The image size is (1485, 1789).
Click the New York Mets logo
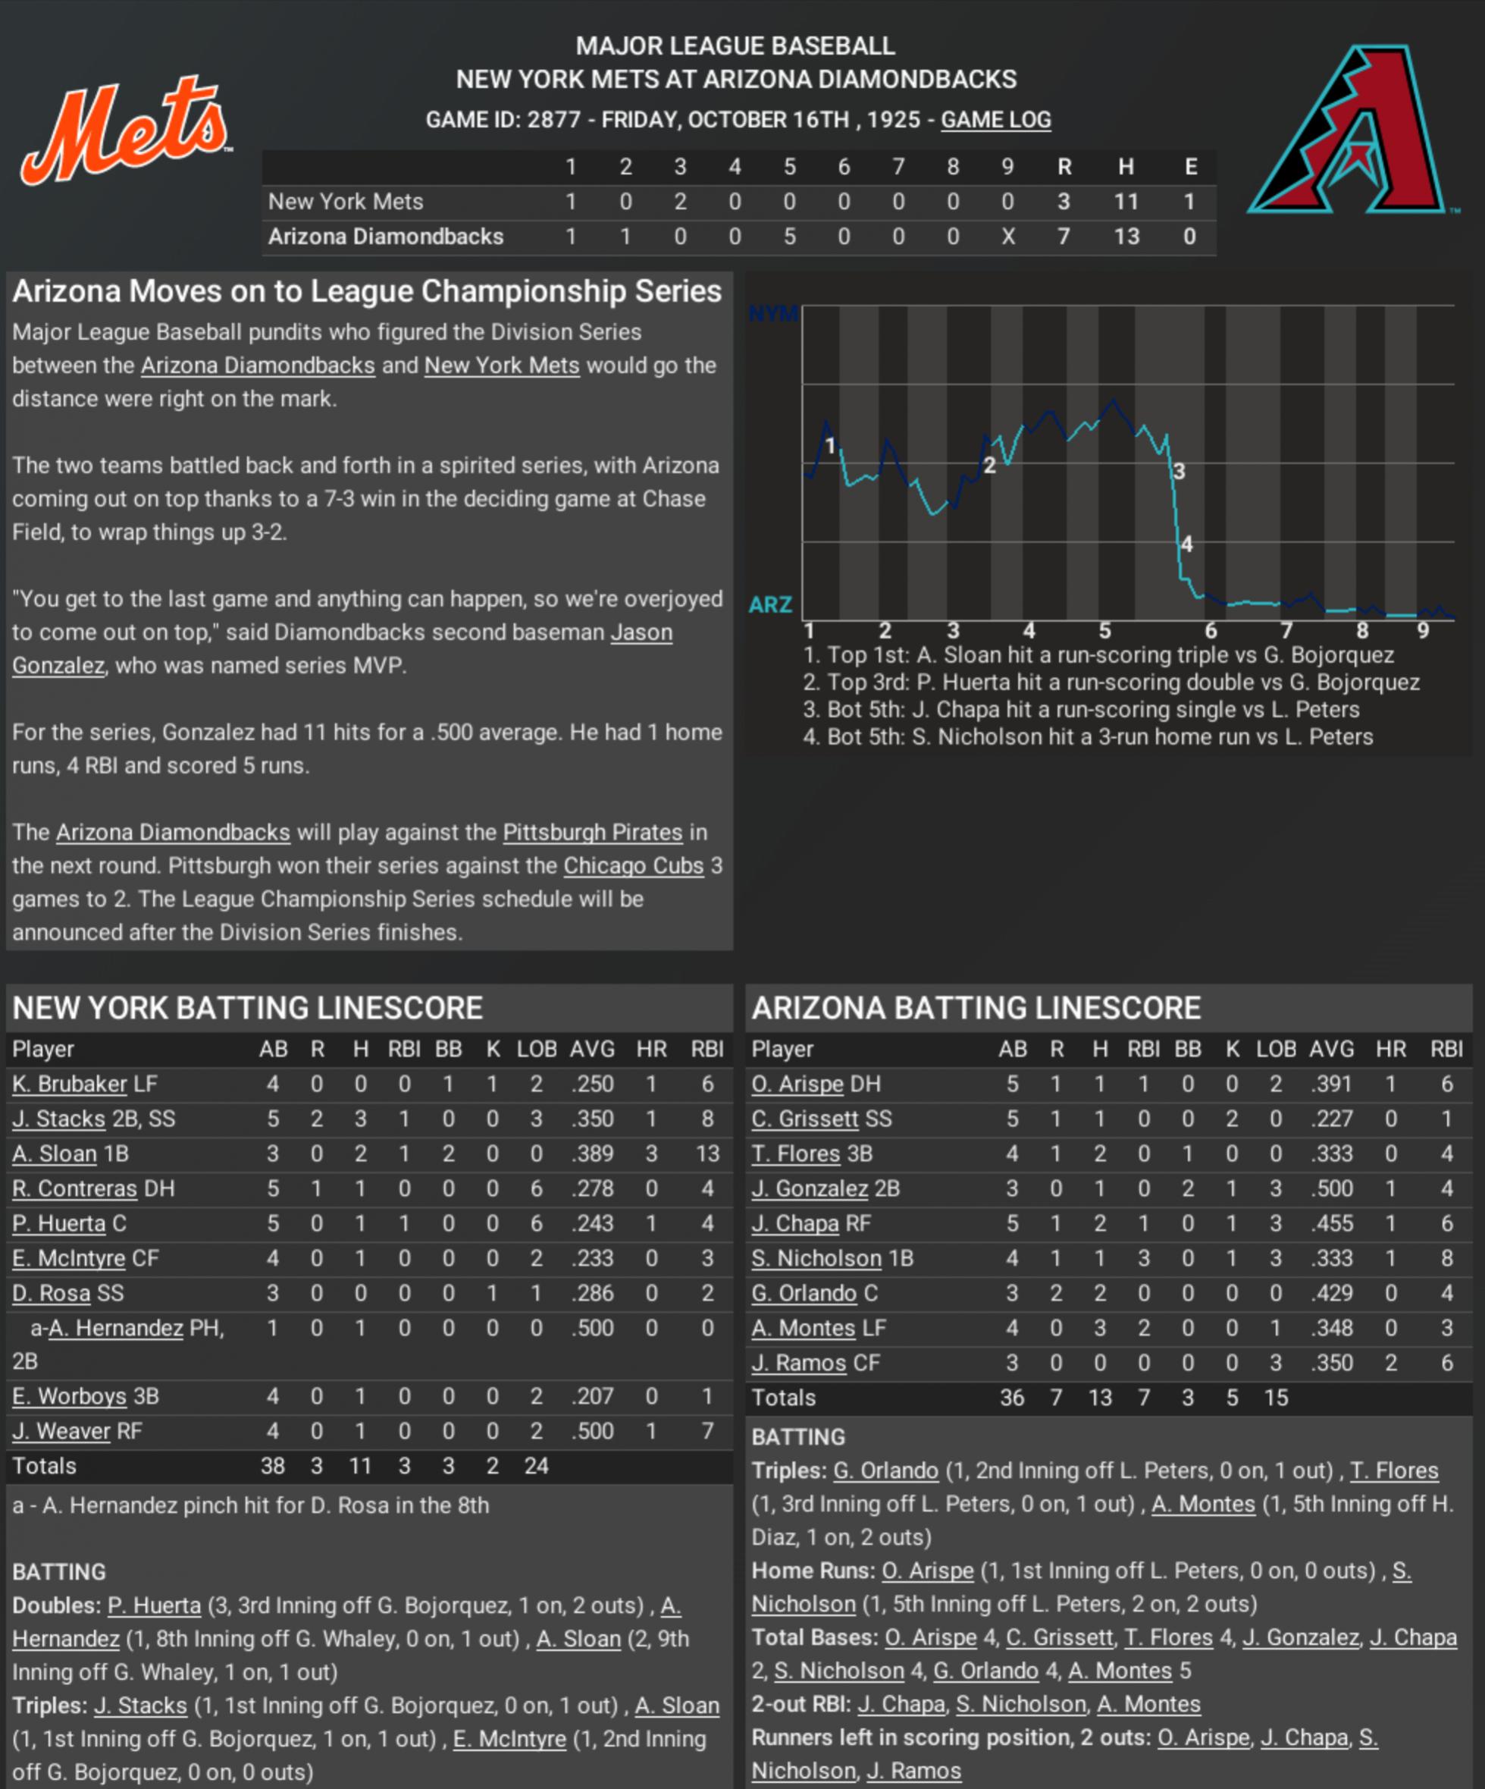[x=126, y=130]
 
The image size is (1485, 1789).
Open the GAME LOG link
[x=995, y=120]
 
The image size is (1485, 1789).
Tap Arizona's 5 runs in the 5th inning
[x=789, y=236]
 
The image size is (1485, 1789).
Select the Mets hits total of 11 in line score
[x=1126, y=202]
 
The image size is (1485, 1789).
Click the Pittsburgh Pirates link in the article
[x=593, y=832]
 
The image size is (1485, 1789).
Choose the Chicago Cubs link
[x=634, y=865]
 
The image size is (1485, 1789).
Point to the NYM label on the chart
[x=772, y=315]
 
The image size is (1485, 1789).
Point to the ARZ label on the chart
[x=771, y=605]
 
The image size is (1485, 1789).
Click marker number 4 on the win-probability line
[x=1187, y=545]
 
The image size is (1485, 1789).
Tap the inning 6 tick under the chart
[x=1211, y=630]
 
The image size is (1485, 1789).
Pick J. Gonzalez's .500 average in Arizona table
[x=1332, y=1188]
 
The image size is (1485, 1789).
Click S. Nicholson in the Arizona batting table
[x=816, y=1258]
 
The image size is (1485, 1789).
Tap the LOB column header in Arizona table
[x=1276, y=1049]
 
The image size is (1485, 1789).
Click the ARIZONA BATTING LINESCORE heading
[x=976, y=1008]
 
